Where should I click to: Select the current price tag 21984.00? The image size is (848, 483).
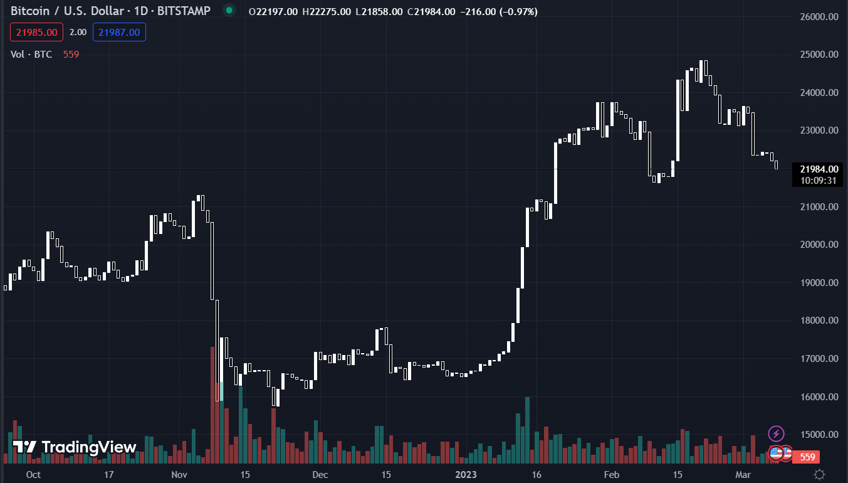click(815, 169)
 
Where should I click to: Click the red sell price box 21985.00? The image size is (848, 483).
click(36, 32)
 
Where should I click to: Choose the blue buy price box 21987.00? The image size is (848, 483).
click(119, 32)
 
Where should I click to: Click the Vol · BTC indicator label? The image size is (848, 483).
click(31, 55)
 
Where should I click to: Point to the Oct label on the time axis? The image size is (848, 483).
click(34, 475)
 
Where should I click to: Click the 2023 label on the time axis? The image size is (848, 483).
click(465, 475)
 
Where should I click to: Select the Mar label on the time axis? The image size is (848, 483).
click(742, 475)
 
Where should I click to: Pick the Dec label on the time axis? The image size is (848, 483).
click(320, 475)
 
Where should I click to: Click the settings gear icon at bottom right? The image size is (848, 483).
click(819, 474)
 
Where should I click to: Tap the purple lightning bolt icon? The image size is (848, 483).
click(776, 433)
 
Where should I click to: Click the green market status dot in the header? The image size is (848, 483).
click(229, 11)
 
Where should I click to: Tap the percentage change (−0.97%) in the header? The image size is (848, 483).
click(518, 12)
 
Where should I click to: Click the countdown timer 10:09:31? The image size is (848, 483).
click(815, 181)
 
